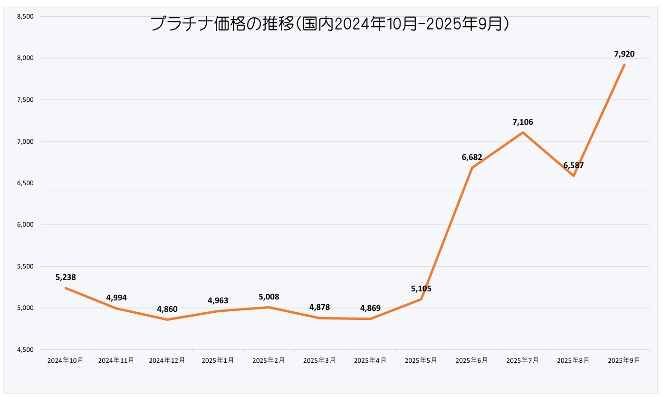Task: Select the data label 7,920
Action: pos(624,54)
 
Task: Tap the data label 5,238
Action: pos(66,277)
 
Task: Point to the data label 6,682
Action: pos(472,157)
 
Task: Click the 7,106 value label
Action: pos(523,122)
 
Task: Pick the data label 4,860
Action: pos(167,309)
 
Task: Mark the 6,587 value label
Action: pos(574,166)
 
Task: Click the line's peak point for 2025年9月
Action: pos(624,65)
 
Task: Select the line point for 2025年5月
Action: pos(421,299)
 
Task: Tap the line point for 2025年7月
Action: pos(523,132)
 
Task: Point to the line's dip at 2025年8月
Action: pos(574,176)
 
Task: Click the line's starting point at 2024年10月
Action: pos(66,288)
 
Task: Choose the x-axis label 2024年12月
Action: pos(167,360)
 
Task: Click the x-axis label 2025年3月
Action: pos(319,360)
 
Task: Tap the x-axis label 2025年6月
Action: pos(472,360)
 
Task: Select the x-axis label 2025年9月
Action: pos(624,360)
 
